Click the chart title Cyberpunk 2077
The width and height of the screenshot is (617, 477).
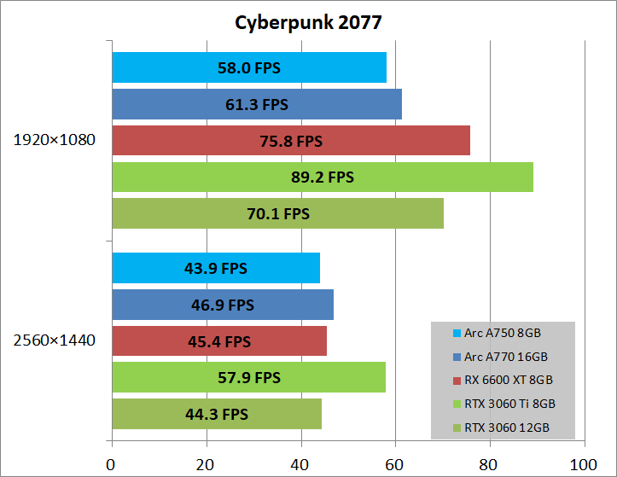tap(308, 21)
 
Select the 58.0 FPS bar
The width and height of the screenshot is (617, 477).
tap(249, 67)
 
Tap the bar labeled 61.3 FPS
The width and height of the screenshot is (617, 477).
tap(257, 104)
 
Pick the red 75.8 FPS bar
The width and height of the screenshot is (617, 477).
tap(291, 141)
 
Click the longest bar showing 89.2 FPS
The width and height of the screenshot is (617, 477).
tap(323, 177)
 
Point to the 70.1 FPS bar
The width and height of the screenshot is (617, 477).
tap(277, 213)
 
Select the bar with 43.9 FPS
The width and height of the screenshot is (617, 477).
tap(216, 268)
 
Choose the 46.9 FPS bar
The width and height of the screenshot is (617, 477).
tap(223, 305)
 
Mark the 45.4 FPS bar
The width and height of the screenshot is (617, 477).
tap(219, 341)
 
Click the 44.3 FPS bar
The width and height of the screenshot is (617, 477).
tap(217, 414)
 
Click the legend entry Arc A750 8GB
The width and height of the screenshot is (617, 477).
tap(503, 333)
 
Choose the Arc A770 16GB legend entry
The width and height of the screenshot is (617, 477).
tap(505, 356)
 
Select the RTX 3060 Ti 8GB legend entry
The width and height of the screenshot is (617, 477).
tap(509, 402)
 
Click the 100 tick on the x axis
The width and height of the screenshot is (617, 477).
tap(584, 465)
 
